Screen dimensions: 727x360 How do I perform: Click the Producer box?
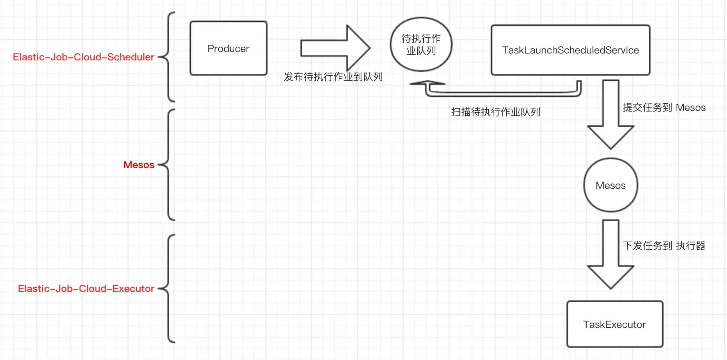tap(228, 48)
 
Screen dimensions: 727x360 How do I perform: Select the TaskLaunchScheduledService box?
tap(570, 50)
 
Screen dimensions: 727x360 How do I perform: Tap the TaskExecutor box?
tap(614, 324)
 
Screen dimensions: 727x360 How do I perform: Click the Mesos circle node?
tap(610, 185)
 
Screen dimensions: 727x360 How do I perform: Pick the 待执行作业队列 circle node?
tap(421, 45)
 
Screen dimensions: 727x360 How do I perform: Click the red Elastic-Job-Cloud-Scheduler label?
tap(83, 57)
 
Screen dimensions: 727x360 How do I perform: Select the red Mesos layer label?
tap(139, 165)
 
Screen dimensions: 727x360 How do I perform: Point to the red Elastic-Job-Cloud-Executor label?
tap(86, 289)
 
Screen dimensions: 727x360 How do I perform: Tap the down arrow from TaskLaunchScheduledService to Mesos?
tap(610, 115)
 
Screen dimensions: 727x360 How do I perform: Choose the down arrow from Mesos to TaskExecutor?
tap(610, 254)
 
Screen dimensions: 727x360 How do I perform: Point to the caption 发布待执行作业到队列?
tap(333, 77)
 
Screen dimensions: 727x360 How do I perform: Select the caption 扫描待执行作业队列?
tap(495, 112)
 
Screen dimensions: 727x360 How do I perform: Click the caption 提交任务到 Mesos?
tap(664, 107)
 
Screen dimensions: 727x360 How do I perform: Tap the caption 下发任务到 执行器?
tap(664, 246)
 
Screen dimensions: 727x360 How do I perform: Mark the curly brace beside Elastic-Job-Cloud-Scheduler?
tap(169, 57)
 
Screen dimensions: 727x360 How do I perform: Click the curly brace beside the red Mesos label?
tap(169, 165)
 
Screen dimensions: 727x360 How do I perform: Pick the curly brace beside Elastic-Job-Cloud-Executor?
tap(169, 289)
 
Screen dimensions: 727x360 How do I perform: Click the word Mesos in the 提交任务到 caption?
tap(690, 107)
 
